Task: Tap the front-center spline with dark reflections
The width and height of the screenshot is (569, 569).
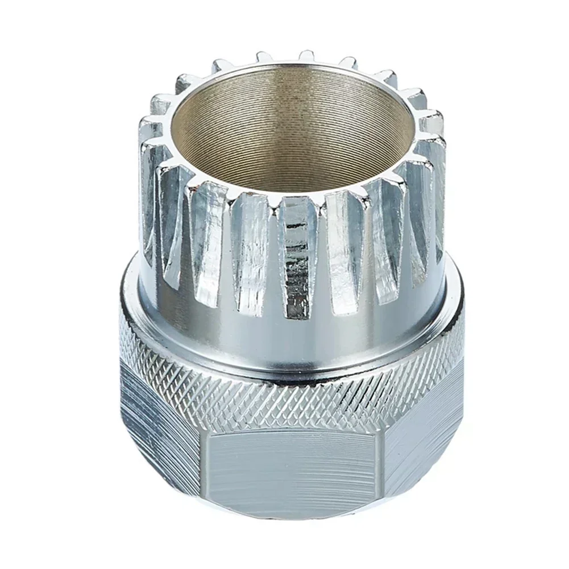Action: (x=297, y=250)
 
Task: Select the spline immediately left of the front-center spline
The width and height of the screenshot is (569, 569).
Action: (x=250, y=244)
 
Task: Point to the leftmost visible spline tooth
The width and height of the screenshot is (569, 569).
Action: (x=149, y=193)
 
